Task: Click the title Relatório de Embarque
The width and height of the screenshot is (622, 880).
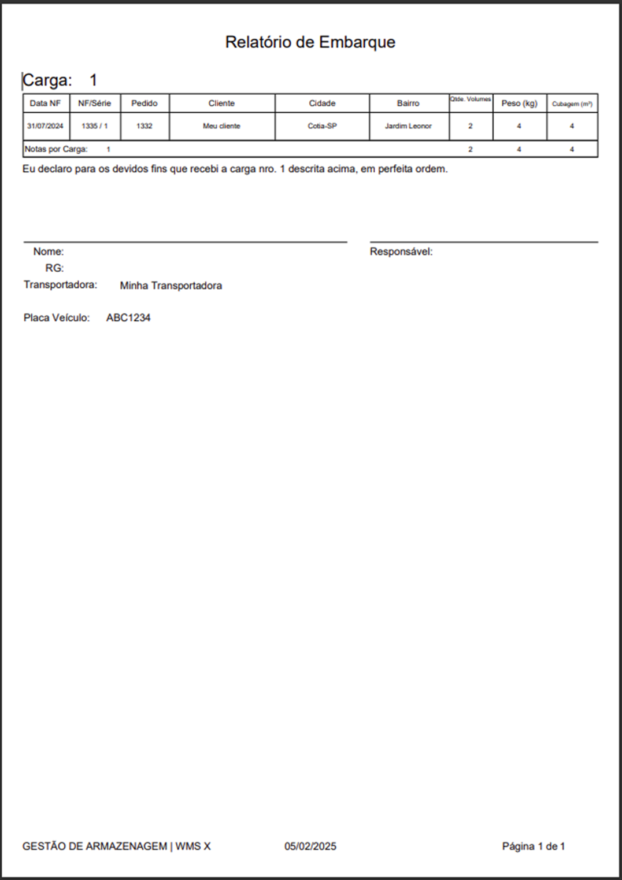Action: [x=310, y=42]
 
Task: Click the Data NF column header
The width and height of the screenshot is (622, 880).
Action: [x=45, y=103]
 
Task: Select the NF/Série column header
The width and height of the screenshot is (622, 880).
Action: [x=94, y=103]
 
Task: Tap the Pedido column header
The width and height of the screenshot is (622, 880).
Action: [x=144, y=103]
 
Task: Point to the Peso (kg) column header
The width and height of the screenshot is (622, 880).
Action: [x=519, y=103]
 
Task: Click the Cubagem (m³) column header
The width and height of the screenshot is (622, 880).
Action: [x=572, y=104]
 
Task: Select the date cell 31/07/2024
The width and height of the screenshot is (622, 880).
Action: [x=45, y=126]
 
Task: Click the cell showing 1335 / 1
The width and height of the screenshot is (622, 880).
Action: [x=94, y=126]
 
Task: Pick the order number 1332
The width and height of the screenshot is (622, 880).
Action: [x=144, y=126]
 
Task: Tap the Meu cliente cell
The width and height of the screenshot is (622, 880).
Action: [x=221, y=126]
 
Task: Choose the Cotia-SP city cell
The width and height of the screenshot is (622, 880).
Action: [x=322, y=126]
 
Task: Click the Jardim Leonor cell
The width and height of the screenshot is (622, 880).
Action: [x=408, y=126]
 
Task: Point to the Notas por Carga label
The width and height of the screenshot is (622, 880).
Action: [x=56, y=149]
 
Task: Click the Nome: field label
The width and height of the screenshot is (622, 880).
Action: [x=49, y=252]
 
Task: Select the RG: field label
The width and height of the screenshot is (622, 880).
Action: [x=54, y=268]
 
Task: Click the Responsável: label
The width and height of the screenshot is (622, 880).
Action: [x=401, y=252]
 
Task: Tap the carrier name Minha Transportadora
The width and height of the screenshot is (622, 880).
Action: [x=171, y=286]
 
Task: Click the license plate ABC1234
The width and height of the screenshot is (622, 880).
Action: [x=128, y=318]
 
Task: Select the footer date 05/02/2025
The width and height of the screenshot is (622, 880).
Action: [x=310, y=846]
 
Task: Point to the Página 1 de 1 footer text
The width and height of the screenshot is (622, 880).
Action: [x=533, y=846]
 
